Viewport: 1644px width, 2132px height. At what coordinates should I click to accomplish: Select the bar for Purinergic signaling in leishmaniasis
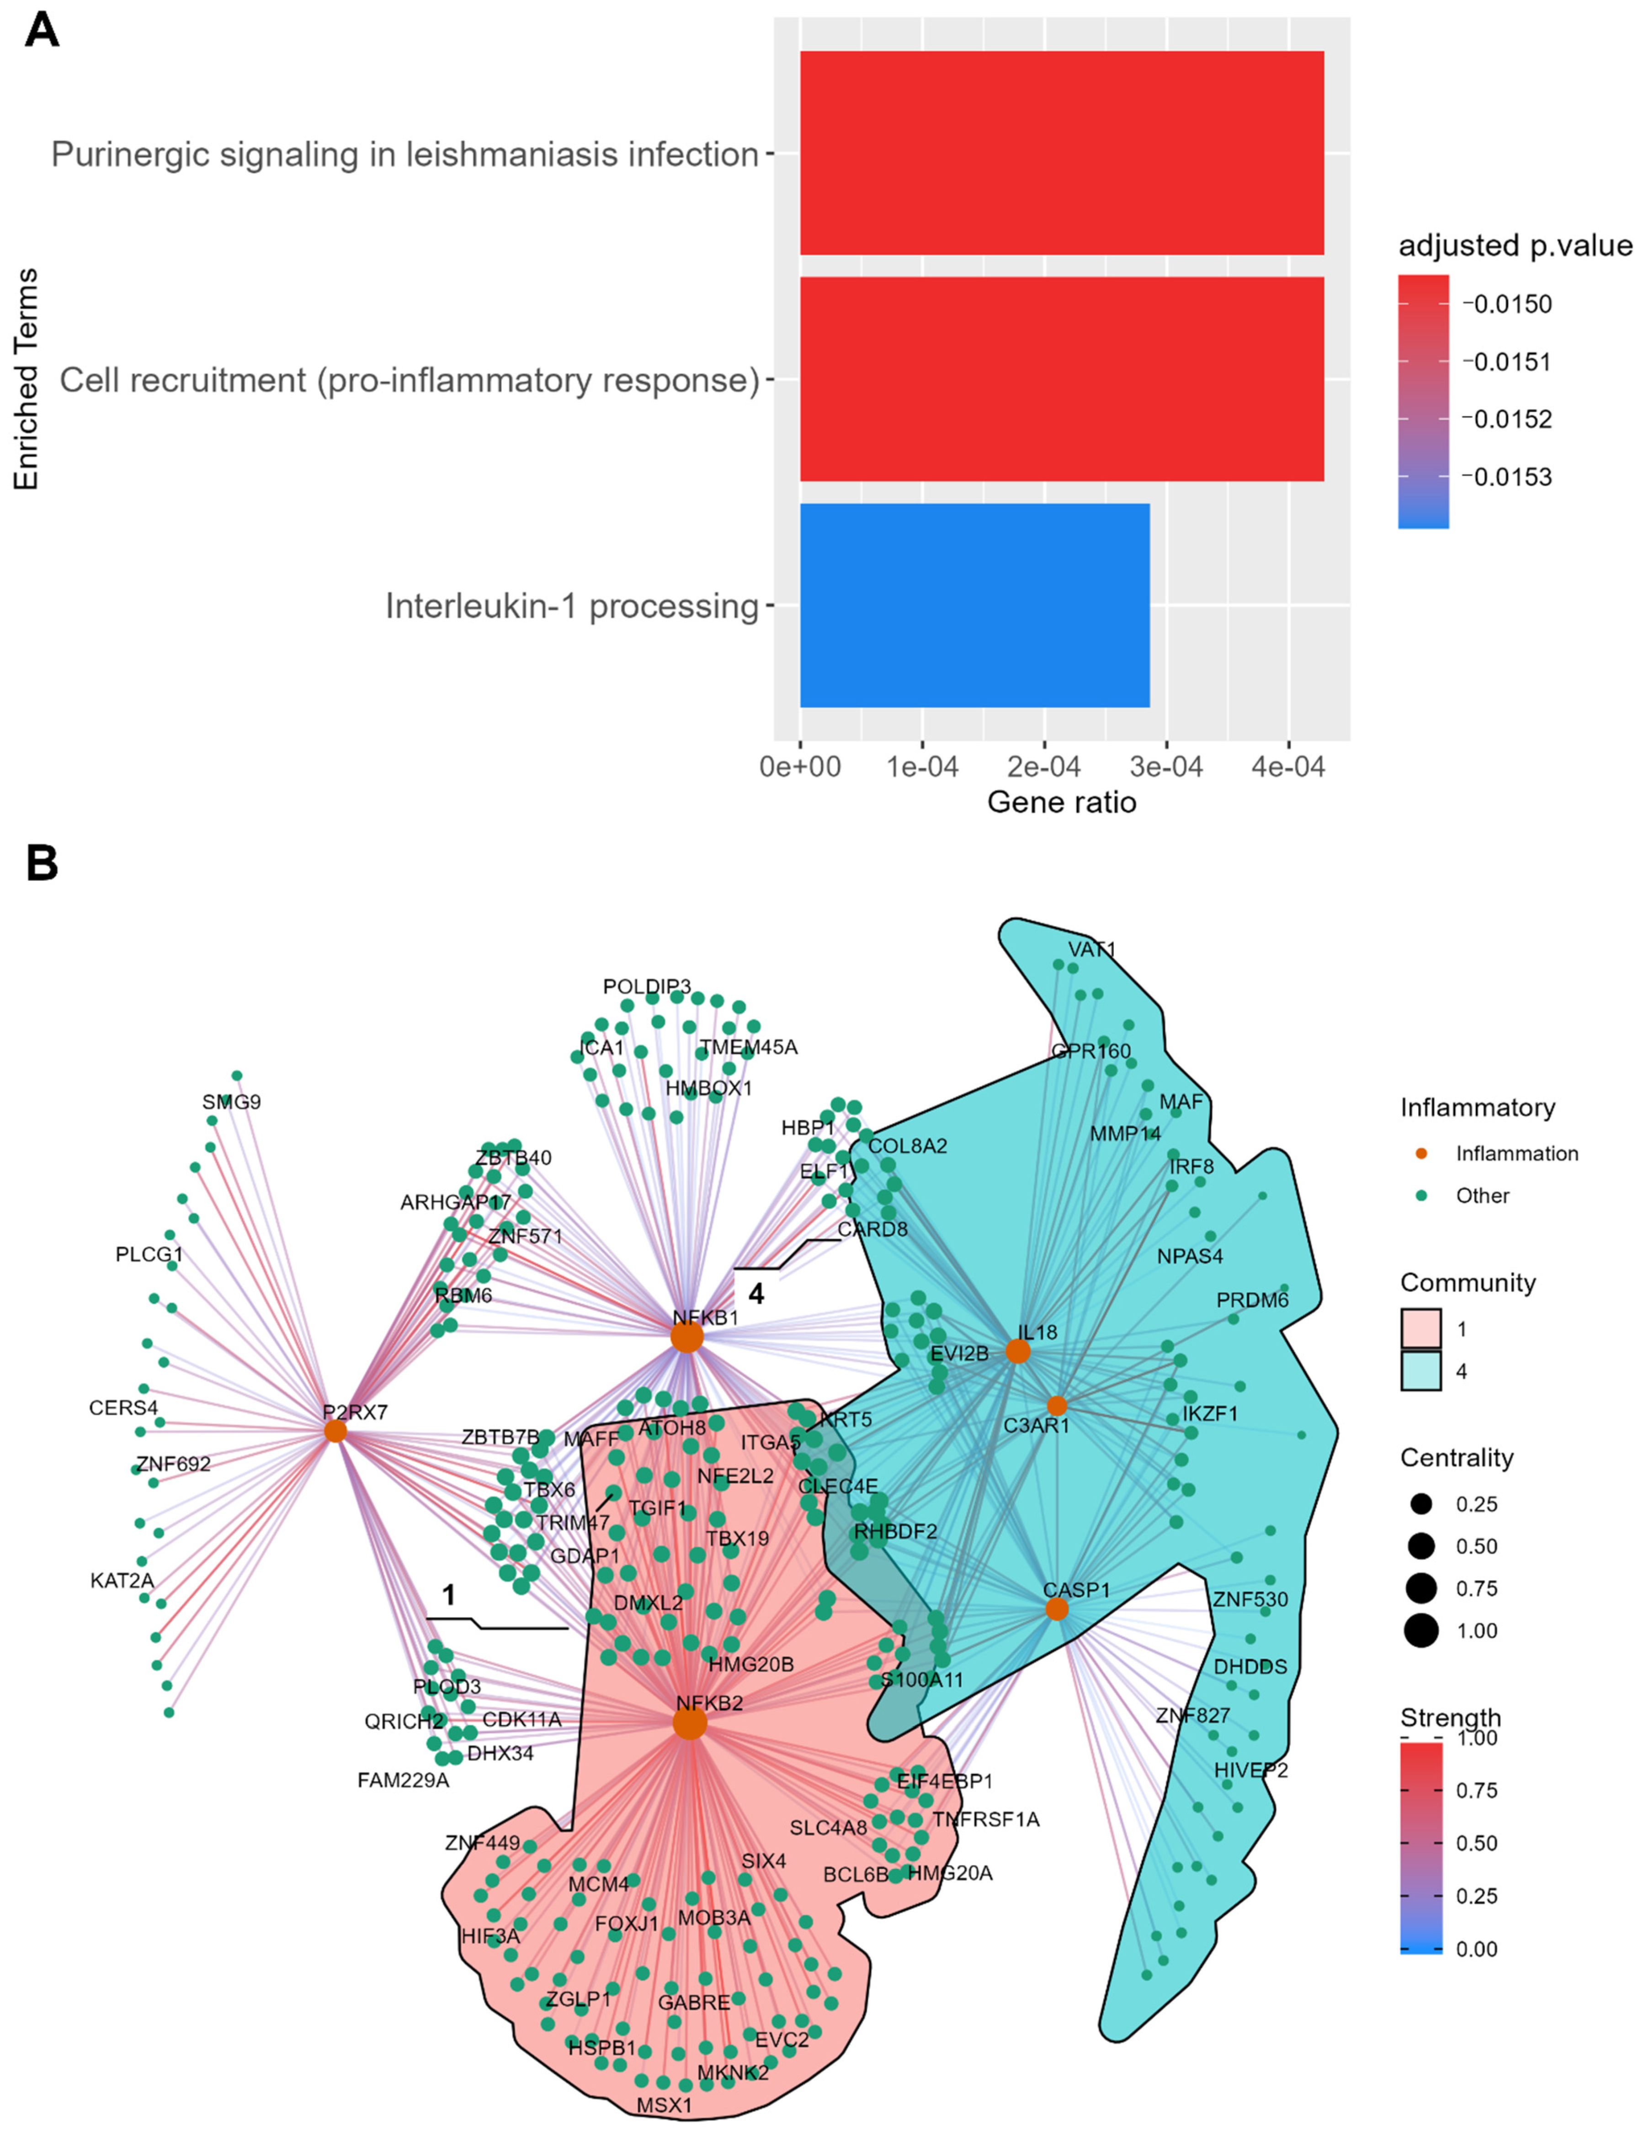point(1061,153)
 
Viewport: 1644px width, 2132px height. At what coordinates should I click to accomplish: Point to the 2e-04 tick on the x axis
point(1043,768)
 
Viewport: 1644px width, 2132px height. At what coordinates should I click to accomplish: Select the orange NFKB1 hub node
point(687,1338)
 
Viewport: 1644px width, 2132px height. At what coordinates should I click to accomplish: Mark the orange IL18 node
point(1017,1351)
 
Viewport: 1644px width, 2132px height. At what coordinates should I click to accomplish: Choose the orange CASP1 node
point(1056,1609)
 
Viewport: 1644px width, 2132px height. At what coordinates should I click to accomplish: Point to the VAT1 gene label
point(1091,950)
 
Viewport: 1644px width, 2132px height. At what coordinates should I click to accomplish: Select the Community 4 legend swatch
point(1421,1371)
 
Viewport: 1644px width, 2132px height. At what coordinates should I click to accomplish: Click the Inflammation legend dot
point(1421,1154)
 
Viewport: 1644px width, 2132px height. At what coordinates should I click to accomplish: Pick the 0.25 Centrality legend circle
point(1421,1504)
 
